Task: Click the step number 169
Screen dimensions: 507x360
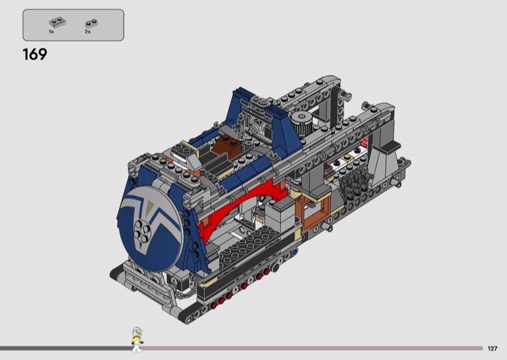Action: point(35,55)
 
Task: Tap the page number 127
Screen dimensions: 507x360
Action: point(492,349)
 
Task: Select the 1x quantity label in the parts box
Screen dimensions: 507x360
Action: point(51,32)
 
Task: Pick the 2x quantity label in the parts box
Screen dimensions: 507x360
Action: point(87,32)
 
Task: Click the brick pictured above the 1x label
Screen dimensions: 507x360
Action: point(58,22)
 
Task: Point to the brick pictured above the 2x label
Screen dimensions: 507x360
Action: point(91,23)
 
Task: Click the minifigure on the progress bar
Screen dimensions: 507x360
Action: point(137,339)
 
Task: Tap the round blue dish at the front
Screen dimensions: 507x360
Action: point(150,228)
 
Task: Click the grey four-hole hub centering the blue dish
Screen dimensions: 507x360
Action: point(142,230)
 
